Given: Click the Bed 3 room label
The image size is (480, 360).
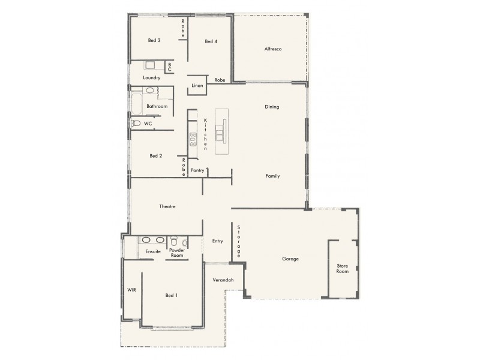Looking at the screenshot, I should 154,41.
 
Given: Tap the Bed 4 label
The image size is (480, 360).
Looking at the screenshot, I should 210,41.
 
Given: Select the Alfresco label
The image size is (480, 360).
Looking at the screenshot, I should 273,49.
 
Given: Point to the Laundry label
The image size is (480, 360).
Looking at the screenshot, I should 152,78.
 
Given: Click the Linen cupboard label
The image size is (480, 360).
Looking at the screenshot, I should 197,86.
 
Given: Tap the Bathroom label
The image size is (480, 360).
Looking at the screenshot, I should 157,106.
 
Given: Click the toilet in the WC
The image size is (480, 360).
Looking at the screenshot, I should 136,123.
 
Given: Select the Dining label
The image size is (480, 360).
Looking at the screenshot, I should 272,107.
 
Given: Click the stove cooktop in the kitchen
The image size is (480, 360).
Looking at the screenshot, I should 193,139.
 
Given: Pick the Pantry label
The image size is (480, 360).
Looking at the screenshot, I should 197,170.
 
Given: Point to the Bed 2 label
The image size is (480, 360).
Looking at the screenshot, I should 155,156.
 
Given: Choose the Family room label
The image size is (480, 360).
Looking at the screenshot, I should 273,176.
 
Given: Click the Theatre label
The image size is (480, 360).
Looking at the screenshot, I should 167,206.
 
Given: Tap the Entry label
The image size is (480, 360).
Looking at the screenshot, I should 217,241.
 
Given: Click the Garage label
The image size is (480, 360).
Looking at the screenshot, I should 290,259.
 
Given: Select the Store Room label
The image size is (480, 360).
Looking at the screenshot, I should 342,268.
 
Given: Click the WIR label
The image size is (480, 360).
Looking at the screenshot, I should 131,290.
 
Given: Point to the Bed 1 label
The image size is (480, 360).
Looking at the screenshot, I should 172,295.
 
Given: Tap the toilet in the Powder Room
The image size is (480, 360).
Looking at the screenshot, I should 184,242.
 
